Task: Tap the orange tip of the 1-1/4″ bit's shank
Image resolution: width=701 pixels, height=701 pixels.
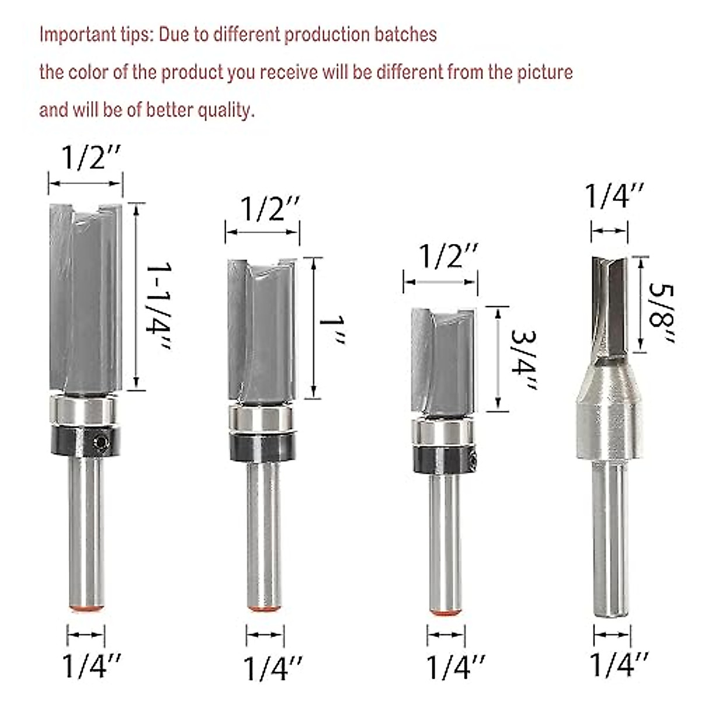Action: click(x=86, y=608)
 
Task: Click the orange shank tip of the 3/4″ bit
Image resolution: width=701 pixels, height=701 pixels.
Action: click(x=446, y=612)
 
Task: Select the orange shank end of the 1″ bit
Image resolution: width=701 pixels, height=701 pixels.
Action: click(x=263, y=608)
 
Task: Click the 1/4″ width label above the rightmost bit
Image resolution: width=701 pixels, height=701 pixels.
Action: click(x=615, y=196)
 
